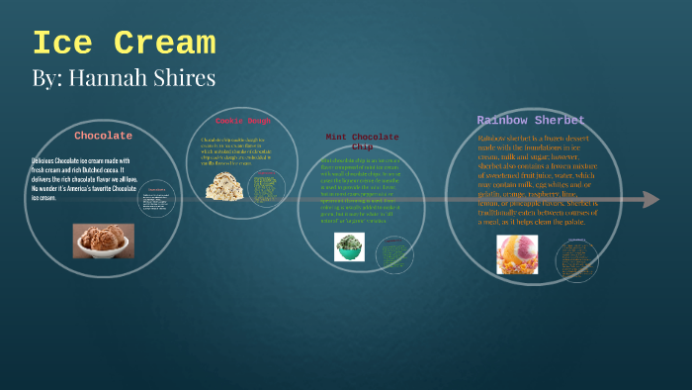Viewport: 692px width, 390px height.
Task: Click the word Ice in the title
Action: click(62, 44)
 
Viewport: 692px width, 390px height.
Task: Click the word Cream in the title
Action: click(163, 44)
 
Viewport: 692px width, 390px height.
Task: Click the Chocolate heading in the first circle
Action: click(103, 136)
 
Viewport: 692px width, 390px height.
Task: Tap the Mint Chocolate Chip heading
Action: click(362, 142)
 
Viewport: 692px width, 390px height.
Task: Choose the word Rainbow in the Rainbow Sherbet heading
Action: click(504, 121)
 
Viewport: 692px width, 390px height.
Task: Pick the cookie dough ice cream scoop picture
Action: click(224, 185)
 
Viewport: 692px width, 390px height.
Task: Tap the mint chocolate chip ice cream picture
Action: click(349, 247)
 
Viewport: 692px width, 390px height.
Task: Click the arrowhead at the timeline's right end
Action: click(649, 200)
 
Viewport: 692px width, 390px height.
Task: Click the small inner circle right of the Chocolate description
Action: click(156, 201)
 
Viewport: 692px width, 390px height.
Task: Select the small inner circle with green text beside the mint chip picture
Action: click(393, 249)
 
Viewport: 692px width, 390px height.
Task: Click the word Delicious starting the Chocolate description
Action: click(45, 160)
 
